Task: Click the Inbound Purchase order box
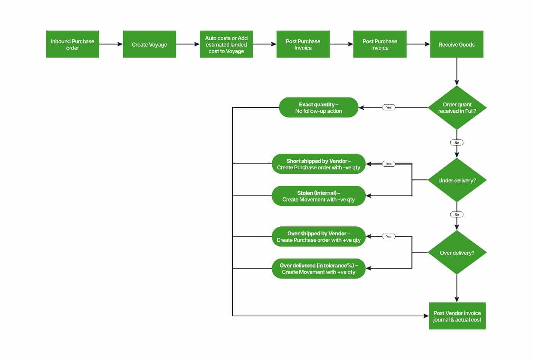[x=72, y=44]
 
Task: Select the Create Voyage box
[x=149, y=44]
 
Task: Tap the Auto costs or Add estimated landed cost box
[x=226, y=44]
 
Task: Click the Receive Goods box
[x=457, y=44]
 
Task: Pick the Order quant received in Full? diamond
[x=457, y=108]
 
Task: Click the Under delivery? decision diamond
[x=457, y=180]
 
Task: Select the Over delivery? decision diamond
[x=457, y=253]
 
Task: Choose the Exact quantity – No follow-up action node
[x=318, y=108]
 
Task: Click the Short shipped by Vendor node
[x=318, y=164]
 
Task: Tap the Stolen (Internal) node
[x=318, y=196]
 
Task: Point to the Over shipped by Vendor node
[x=318, y=237]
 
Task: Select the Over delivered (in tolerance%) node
[x=318, y=269]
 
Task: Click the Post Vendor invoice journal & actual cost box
[x=457, y=316]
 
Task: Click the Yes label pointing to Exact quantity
[x=388, y=107]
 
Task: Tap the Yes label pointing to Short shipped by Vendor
[x=388, y=164]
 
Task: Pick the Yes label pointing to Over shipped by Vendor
[x=388, y=236]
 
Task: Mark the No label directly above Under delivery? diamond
[x=457, y=143]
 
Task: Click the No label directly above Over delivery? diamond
[x=457, y=215]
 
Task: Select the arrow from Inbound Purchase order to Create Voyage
[x=111, y=44]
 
